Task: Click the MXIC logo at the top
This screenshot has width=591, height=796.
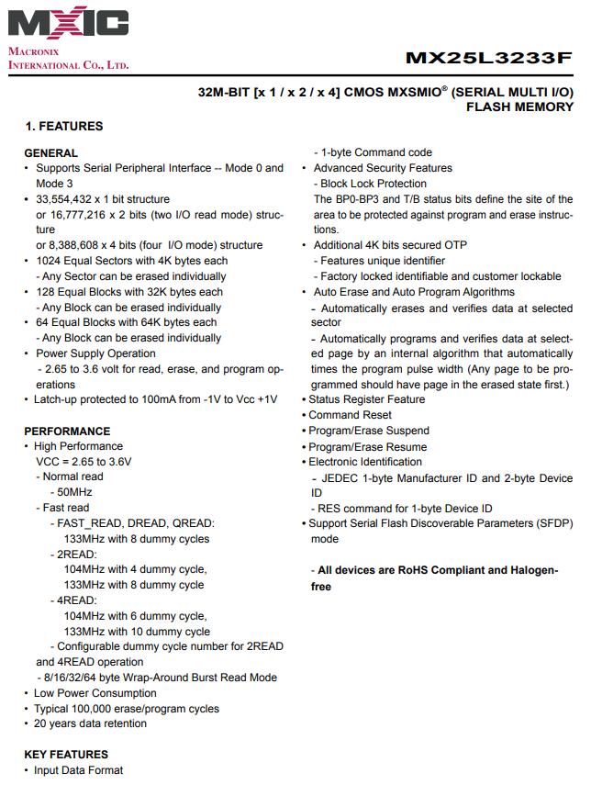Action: coord(68,24)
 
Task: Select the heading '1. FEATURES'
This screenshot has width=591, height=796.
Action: coord(64,126)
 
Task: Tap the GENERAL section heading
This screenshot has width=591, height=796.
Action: coord(50,152)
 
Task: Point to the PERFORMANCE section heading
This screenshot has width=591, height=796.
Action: coord(67,431)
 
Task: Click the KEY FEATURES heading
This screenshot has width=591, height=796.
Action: coord(66,755)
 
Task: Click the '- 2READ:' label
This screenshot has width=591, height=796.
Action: coord(73,555)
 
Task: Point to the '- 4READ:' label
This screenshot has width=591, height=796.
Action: coord(73,600)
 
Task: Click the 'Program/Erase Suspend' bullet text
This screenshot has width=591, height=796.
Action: coord(369,431)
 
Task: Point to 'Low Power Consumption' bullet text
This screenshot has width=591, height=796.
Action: coord(95,693)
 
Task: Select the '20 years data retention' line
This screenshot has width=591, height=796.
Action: coord(91,723)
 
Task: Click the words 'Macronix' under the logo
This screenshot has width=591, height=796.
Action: coord(34,51)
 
